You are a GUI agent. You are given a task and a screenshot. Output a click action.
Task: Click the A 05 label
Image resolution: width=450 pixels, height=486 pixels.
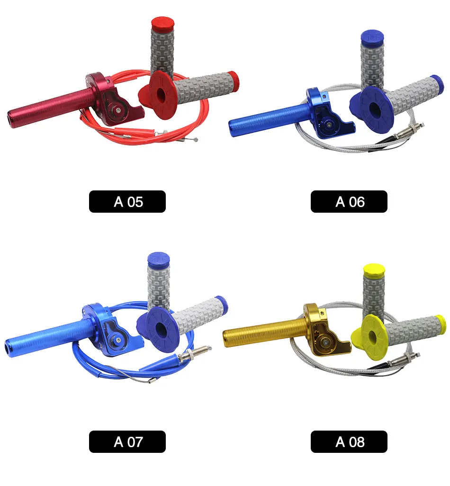127,201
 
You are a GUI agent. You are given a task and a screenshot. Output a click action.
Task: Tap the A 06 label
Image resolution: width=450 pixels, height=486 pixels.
349,201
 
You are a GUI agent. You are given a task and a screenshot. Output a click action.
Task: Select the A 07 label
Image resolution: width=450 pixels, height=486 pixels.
127,441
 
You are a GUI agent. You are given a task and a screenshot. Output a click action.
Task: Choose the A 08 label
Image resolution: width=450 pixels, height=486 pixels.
349,441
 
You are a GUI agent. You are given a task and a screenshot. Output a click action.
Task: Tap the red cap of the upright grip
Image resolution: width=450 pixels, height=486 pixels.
162,24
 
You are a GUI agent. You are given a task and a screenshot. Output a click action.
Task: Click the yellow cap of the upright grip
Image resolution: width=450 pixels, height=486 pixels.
374,270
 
